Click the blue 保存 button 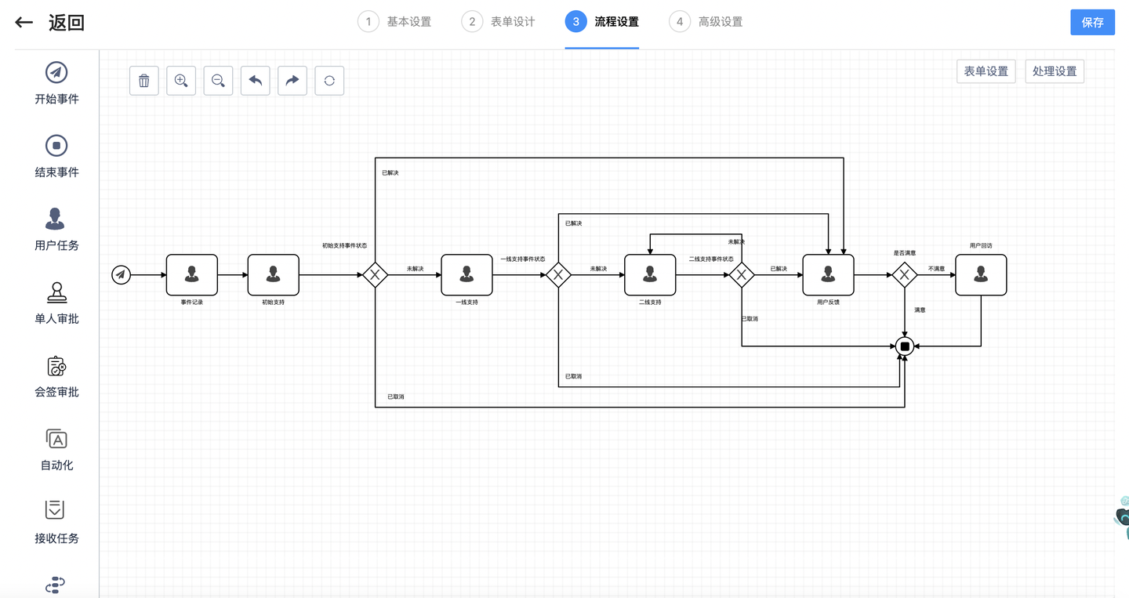pyautogui.click(x=1092, y=22)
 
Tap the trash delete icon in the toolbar pyautogui.click(x=144, y=81)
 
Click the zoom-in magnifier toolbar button pyautogui.click(x=181, y=81)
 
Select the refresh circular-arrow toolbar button pyautogui.click(x=329, y=81)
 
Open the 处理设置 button pyautogui.click(x=1055, y=71)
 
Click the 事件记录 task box pyautogui.click(x=192, y=274)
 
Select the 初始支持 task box pyautogui.click(x=273, y=274)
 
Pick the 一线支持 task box pyautogui.click(x=466, y=274)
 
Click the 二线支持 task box pyautogui.click(x=650, y=274)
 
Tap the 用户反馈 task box pyautogui.click(x=828, y=274)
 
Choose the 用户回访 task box pyautogui.click(x=981, y=274)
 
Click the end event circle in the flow pyautogui.click(x=905, y=346)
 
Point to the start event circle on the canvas pyautogui.click(x=121, y=274)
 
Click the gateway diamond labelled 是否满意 pyautogui.click(x=905, y=274)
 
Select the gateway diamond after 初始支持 pyautogui.click(x=375, y=274)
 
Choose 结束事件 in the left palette pyautogui.click(x=56, y=156)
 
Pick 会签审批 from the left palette pyautogui.click(x=56, y=376)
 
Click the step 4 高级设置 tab pyautogui.click(x=706, y=22)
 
